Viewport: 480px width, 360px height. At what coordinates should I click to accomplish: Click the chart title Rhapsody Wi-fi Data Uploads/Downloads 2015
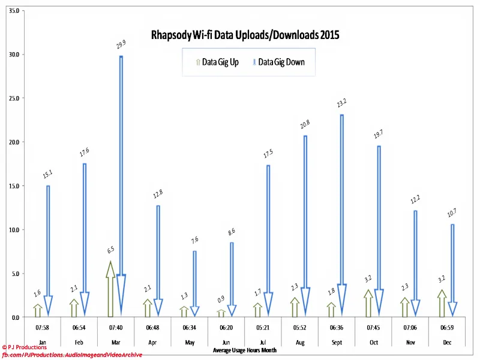tap(245, 35)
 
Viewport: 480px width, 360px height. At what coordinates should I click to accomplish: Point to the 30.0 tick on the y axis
tap(13, 55)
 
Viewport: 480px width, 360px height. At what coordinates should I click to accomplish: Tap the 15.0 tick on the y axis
tap(13, 186)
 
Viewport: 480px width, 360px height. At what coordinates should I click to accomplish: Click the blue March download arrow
tap(121, 180)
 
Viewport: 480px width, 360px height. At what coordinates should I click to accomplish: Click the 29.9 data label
tap(121, 44)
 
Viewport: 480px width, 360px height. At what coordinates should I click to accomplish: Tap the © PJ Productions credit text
tap(25, 347)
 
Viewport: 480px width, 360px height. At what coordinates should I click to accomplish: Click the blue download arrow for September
tap(342, 210)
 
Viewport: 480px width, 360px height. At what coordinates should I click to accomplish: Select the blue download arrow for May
tap(194, 282)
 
